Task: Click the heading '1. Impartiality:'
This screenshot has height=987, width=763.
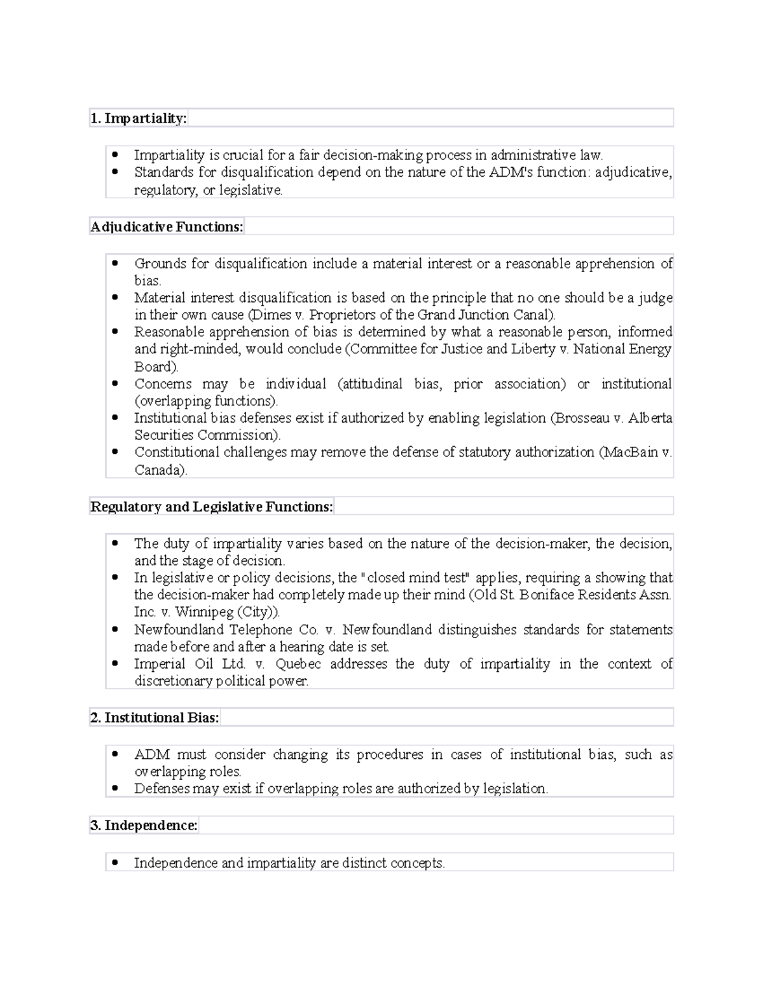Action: (139, 118)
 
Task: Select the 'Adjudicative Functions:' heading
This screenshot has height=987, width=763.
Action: (167, 227)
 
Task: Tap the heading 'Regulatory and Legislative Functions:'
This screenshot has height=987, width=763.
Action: (212, 507)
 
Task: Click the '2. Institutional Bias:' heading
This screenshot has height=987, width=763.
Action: (155, 718)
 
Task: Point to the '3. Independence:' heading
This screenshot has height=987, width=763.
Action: (144, 826)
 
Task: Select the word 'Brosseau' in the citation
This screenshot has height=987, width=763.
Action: (581, 418)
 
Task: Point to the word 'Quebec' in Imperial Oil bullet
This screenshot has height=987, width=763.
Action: (298, 664)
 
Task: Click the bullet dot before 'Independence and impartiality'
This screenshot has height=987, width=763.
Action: (115, 863)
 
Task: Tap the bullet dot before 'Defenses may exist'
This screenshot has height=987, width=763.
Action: (115, 789)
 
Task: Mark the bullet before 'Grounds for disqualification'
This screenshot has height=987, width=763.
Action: (115, 264)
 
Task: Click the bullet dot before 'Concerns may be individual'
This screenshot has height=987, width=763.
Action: (115, 384)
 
